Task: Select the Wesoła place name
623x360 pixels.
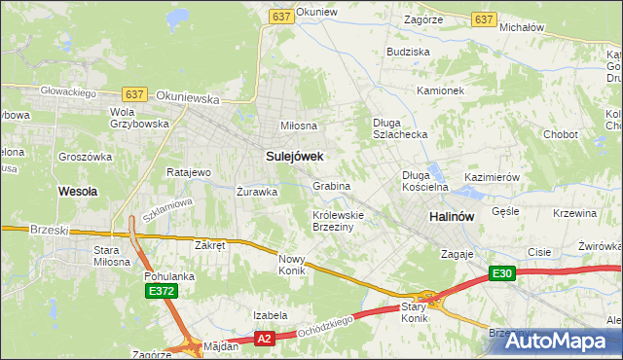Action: click(x=78, y=192)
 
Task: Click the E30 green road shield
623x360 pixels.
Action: click(x=501, y=274)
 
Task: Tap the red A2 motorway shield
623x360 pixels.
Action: click(x=264, y=339)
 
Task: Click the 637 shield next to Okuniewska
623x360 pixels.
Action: click(x=135, y=93)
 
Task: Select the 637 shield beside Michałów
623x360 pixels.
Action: click(x=483, y=18)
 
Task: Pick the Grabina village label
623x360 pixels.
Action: click(x=331, y=185)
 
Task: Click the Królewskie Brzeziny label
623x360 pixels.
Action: click(x=338, y=220)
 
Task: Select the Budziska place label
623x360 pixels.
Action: click(x=408, y=51)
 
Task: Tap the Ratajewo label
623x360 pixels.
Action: click(x=189, y=172)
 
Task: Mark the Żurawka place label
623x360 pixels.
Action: click(x=257, y=192)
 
